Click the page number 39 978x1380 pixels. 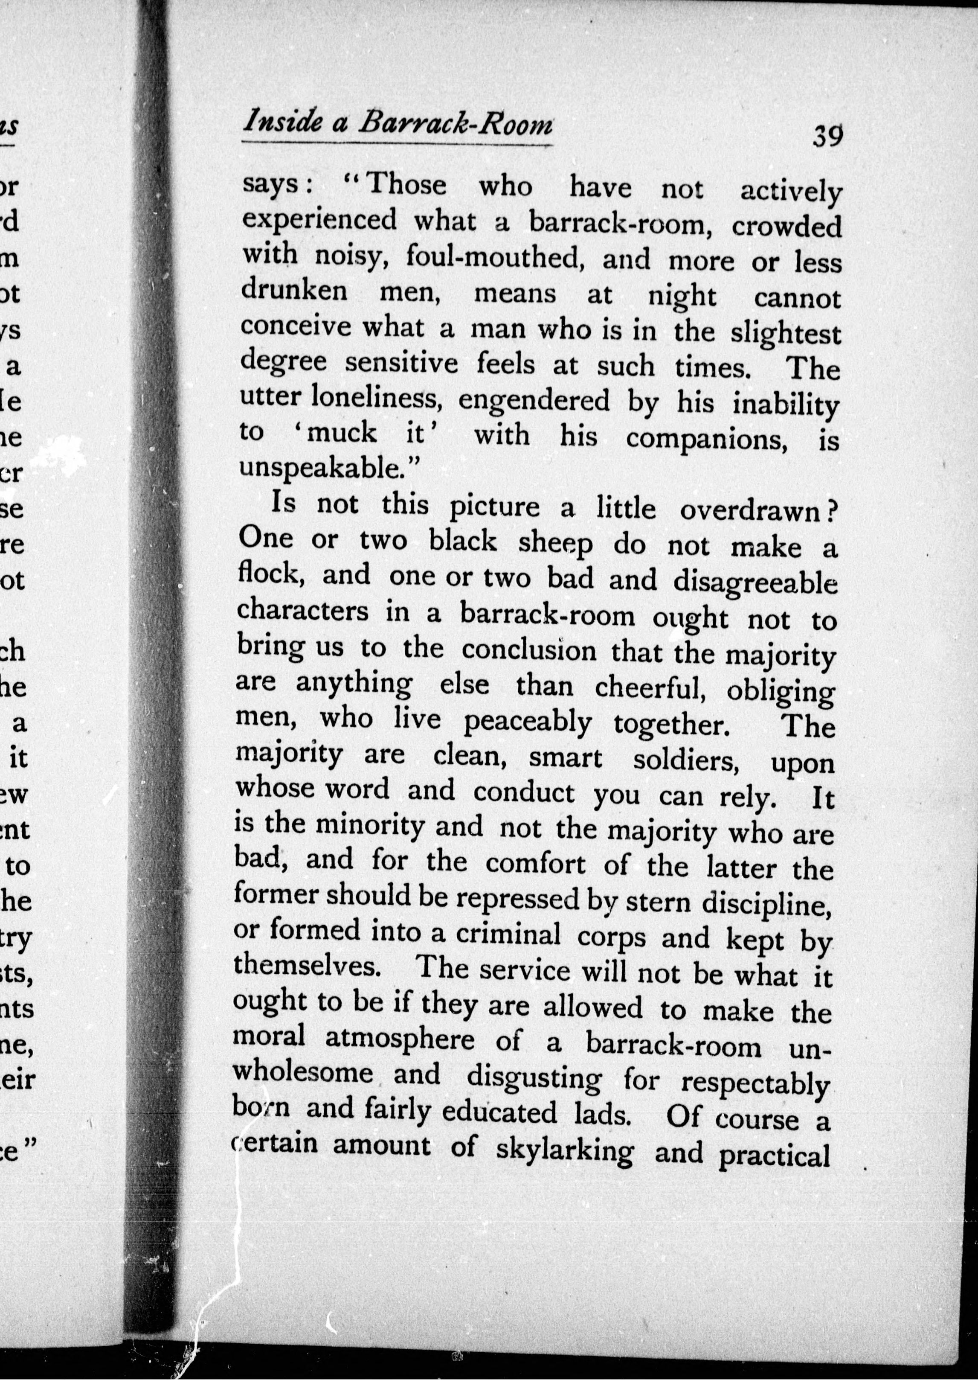pyautogui.click(x=827, y=136)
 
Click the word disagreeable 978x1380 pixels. pyautogui.click(x=755, y=582)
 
